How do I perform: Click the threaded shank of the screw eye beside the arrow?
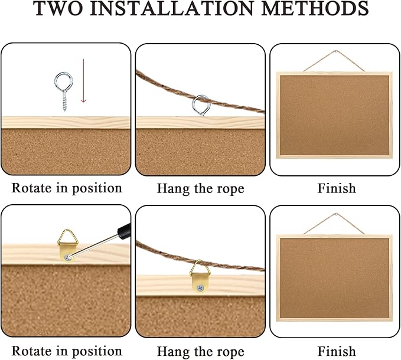(63, 97)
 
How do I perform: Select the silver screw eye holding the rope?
(200, 105)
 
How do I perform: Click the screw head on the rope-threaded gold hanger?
(201, 287)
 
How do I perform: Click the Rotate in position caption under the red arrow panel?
(67, 188)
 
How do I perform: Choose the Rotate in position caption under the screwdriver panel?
(67, 351)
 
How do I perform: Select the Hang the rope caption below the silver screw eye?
(200, 189)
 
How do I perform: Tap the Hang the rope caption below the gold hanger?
(200, 351)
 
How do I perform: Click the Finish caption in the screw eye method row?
(336, 188)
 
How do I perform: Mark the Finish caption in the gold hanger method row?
(336, 351)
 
